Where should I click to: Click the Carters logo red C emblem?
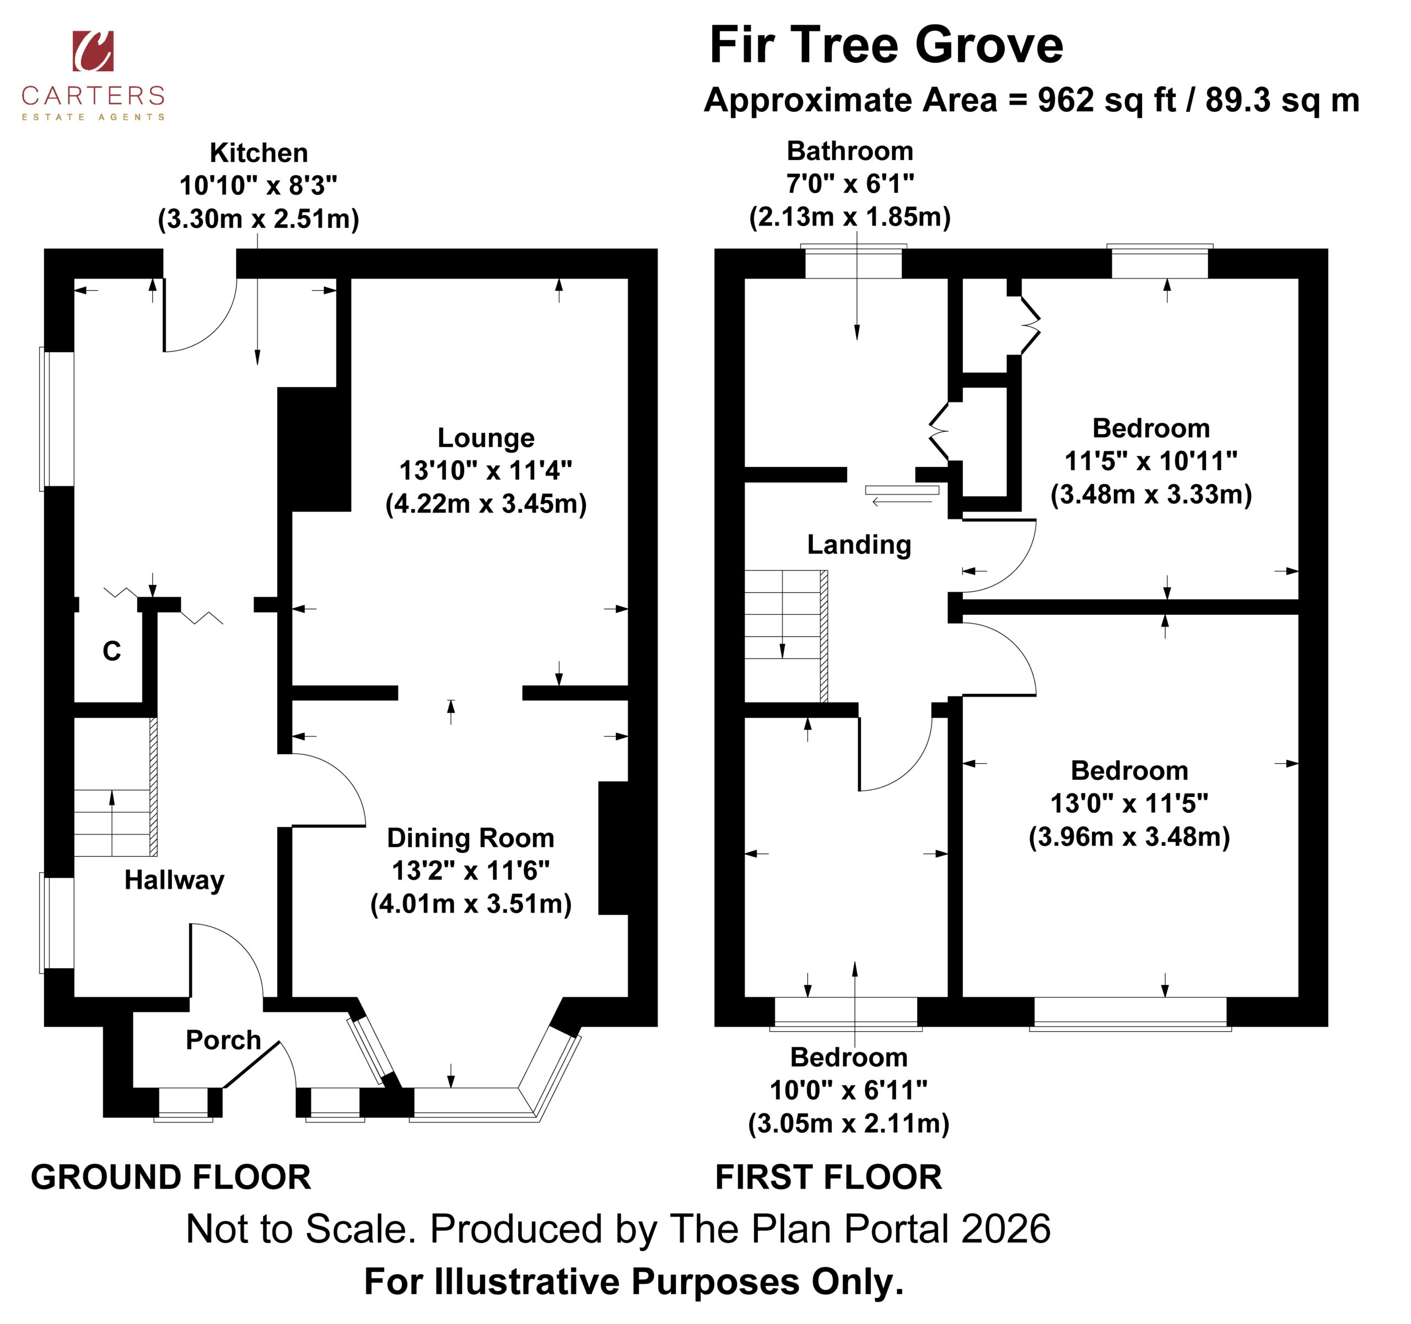click(93, 51)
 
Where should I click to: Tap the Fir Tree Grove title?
click(886, 45)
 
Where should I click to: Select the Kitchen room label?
click(258, 153)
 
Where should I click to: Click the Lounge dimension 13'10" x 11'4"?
click(486, 471)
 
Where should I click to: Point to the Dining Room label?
click(471, 838)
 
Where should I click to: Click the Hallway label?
click(175, 880)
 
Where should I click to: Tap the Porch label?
click(224, 1039)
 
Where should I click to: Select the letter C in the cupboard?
click(112, 651)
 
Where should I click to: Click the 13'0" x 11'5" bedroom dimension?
click(1129, 803)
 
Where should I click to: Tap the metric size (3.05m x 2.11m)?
click(849, 1124)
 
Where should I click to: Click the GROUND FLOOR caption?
click(171, 1178)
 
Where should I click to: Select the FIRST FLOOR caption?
click(829, 1178)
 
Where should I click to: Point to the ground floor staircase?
click(116, 787)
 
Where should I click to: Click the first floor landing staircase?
click(787, 636)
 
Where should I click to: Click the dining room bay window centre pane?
click(468, 1102)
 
